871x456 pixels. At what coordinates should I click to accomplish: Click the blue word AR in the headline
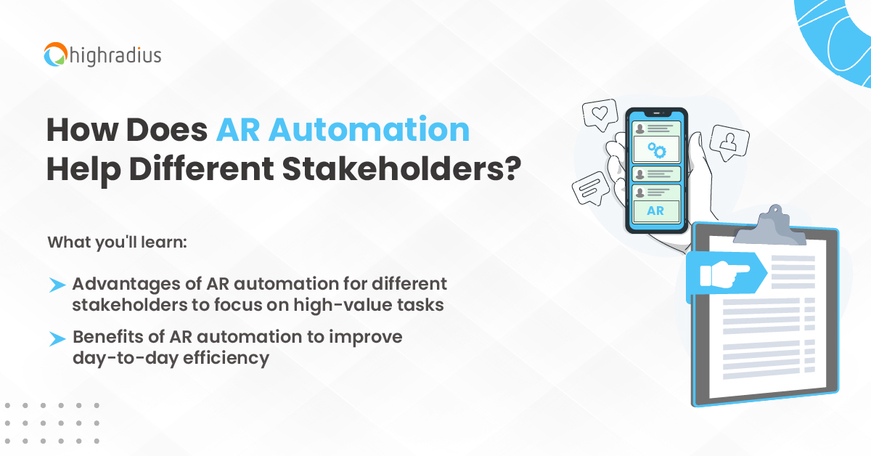click(x=237, y=130)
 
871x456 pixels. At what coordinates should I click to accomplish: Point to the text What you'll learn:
click(x=118, y=242)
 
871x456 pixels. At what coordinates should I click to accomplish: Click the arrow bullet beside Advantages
click(x=57, y=285)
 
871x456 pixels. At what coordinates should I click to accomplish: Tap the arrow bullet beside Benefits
click(x=57, y=338)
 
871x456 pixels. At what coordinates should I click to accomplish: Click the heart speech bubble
click(x=599, y=115)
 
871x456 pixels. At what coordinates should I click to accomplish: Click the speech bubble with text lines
click(x=589, y=191)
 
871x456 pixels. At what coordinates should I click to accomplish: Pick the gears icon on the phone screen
click(x=656, y=150)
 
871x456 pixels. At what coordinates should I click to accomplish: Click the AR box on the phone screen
click(x=655, y=211)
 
